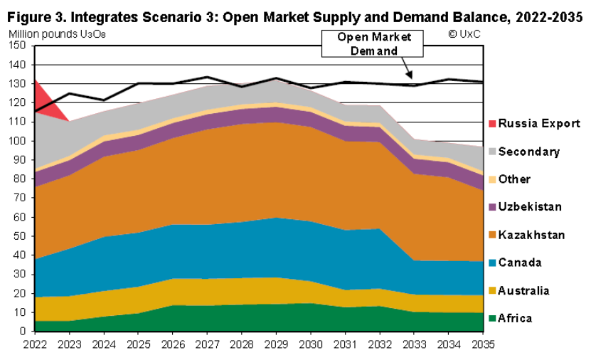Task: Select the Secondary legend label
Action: pyautogui.click(x=528, y=152)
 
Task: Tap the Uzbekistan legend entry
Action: pyautogui.click(x=530, y=207)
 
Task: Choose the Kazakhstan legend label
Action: pyautogui.click(x=531, y=235)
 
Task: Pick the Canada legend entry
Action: pyautogui.click(x=521, y=263)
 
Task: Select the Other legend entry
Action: pyautogui.click(x=514, y=179)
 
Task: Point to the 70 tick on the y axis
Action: pyautogui.click(x=19, y=198)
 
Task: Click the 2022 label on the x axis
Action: pyautogui.click(x=34, y=344)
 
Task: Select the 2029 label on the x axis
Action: pyautogui.click(x=276, y=344)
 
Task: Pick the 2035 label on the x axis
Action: pyautogui.click(x=484, y=344)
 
